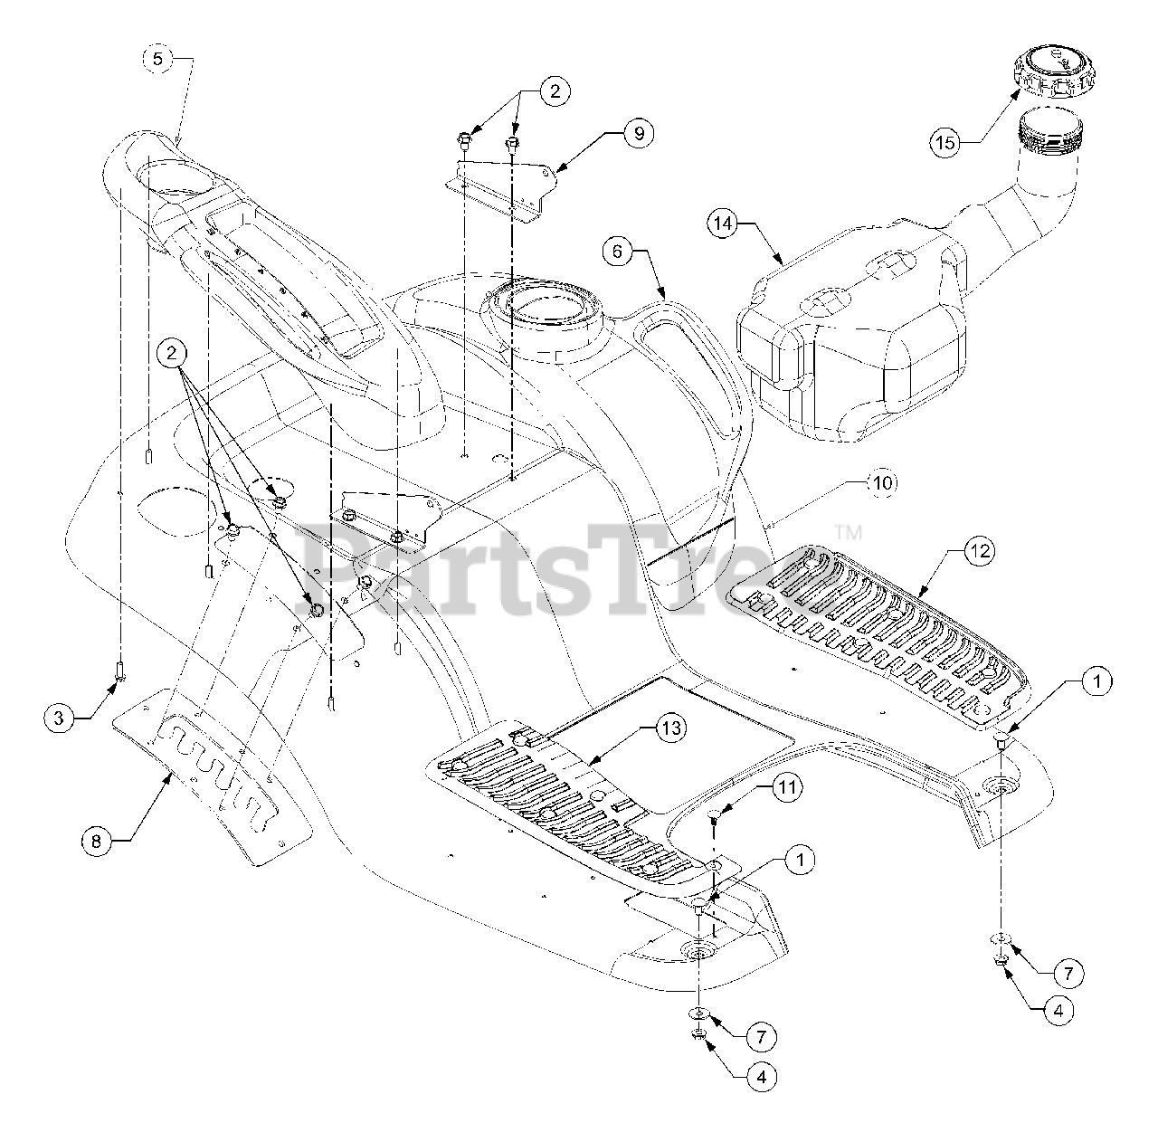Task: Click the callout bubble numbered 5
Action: [x=158, y=58]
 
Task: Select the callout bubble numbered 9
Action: [x=638, y=133]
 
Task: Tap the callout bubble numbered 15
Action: [x=946, y=143]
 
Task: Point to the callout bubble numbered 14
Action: [x=724, y=224]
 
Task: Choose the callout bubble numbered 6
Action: [x=618, y=251]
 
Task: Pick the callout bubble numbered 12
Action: [x=980, y=551]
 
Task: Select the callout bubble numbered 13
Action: [x=670, y=728]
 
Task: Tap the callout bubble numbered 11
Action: [x=787, y=787]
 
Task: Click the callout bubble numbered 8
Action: [x=97, y=841]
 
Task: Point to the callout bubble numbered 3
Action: [x=59, y=718]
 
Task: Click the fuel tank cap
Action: [x=1055, y=71]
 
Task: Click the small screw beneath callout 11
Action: [x=714, y=814]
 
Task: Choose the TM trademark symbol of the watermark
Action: [x=848, y=532]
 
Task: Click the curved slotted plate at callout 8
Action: [x=212, y=776]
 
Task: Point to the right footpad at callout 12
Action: [x=877, y=637]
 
